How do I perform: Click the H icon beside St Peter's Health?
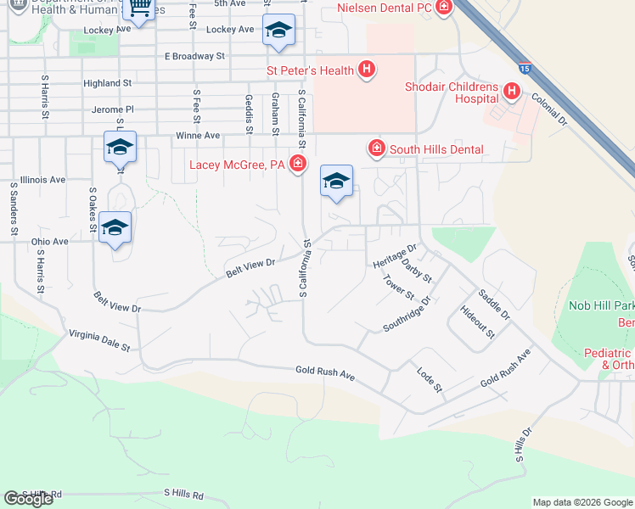[x=366, y=69]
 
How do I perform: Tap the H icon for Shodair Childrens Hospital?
[x=512, y=90]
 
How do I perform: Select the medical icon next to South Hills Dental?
[x=377, y=148]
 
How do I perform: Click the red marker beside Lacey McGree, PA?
[x=297, y=163]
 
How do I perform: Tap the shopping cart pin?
[x=138, y=8]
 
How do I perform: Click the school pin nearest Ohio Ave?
[x=115, y=228]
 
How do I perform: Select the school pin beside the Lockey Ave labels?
[x=278, y=31]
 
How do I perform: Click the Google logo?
[x=28, y=499]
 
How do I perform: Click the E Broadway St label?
[x=194, y=56]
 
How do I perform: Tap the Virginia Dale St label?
[x=99, y=341]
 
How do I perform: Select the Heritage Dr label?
[x=396, y=256]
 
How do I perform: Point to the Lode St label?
[x=430, y=379]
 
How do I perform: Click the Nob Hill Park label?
[x=601, y=305]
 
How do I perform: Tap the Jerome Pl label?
[x=113, y=109]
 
